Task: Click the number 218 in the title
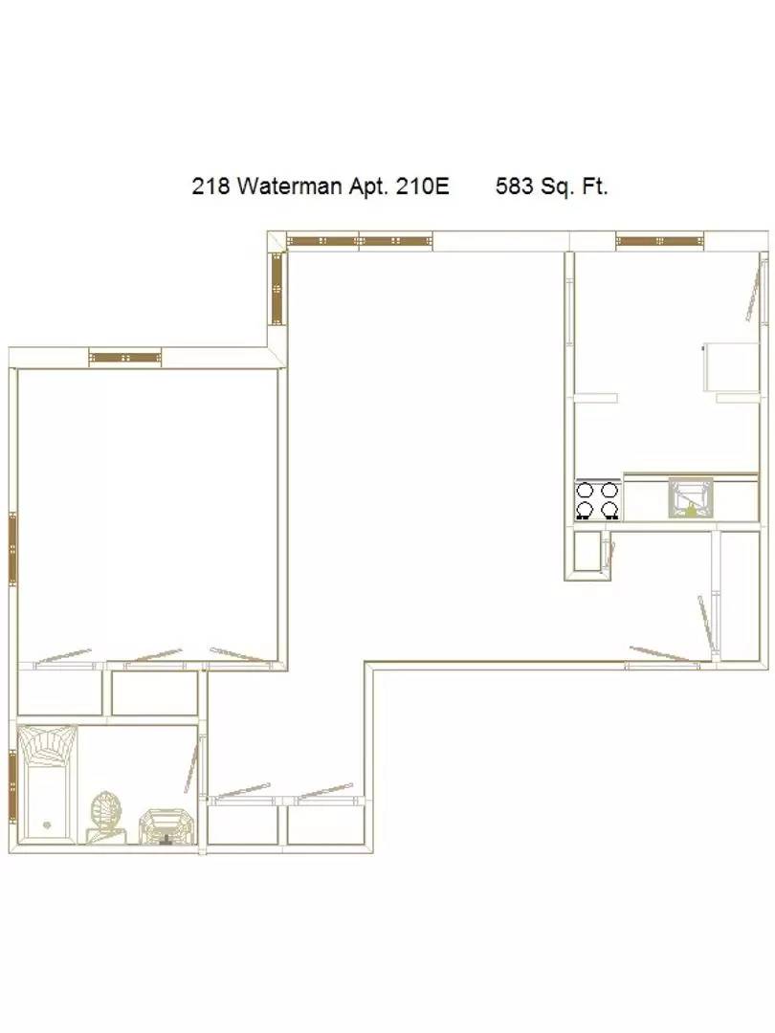pos(210,187)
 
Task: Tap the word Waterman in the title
pos(289,187)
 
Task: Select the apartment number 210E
pos(423,187)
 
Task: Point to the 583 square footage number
pos(514,187)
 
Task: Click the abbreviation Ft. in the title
pos(594,187)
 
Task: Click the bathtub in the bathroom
pos(47,784)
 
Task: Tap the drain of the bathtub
pos(47,824)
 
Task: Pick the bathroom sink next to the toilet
pos(167,826)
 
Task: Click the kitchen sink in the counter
pos(691,497)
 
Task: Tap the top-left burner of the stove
pos(586,490)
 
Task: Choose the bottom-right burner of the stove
pos(609,509)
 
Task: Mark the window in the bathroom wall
pos(12,785)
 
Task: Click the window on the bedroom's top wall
pos(125,358)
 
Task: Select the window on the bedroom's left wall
pos(12,549)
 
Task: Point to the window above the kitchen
pos(659,242)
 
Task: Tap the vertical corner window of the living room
pos(277,289)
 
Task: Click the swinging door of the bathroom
pos(191,765)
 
